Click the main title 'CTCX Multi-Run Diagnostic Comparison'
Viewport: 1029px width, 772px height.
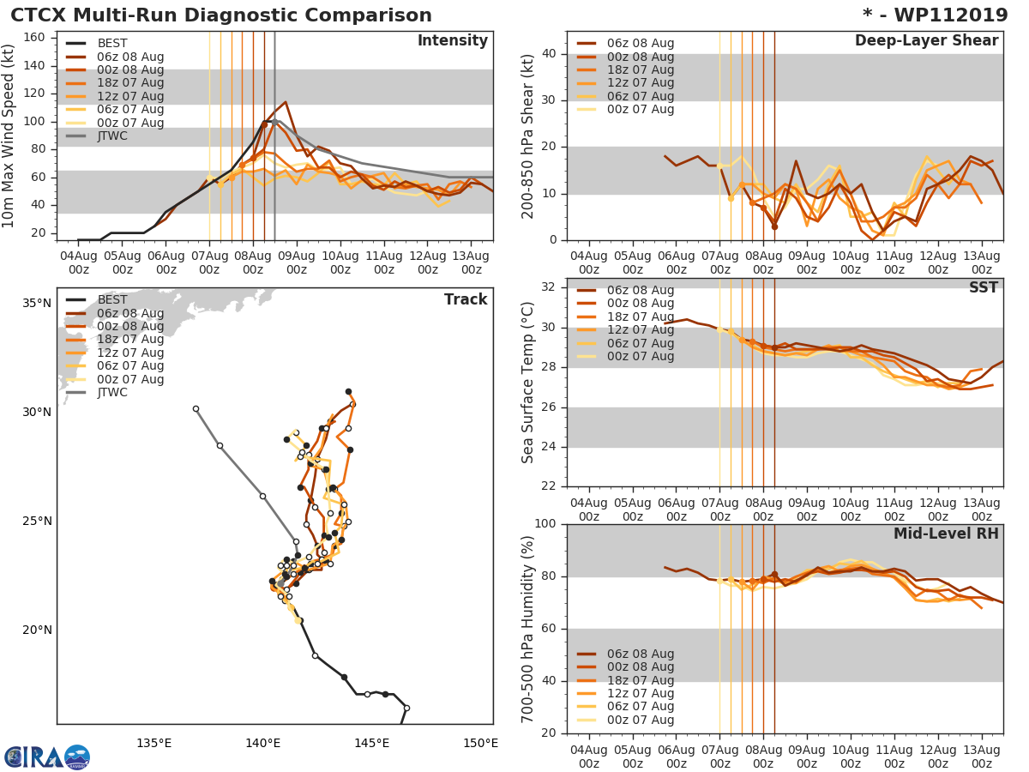click(221, 15)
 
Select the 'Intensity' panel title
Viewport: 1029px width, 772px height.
click(452, 41)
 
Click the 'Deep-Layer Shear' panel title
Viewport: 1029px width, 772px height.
click(926, 41)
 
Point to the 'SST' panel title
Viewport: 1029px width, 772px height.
click(983, 287)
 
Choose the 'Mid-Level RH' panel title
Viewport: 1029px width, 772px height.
click(946, 534)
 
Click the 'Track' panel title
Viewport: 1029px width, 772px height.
click(466, 299)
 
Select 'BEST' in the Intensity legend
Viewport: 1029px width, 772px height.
click(112, 44)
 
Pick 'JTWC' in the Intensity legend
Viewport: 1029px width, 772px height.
click(113, 136)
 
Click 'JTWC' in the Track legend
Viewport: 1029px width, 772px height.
click(113, 393)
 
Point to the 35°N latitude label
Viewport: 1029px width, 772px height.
click(36, 303)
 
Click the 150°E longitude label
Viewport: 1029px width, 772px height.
click(480, 743)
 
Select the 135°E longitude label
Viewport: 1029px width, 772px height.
click(153, 743)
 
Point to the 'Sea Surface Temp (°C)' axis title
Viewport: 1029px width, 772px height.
click(528, 383)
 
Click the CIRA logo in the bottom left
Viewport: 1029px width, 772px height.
click(47, 757)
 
